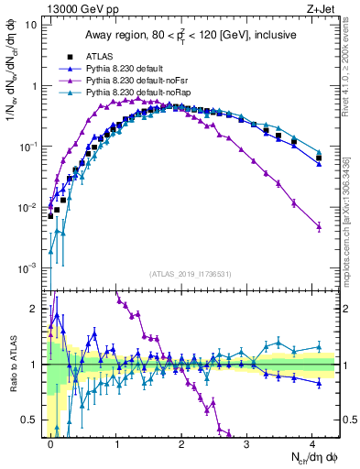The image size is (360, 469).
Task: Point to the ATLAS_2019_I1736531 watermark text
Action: pos(190,275)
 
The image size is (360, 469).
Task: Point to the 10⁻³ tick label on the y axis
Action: pos(27,267)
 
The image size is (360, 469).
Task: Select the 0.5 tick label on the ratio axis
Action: pos(31,420)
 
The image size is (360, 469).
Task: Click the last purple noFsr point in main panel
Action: pos(319,226)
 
